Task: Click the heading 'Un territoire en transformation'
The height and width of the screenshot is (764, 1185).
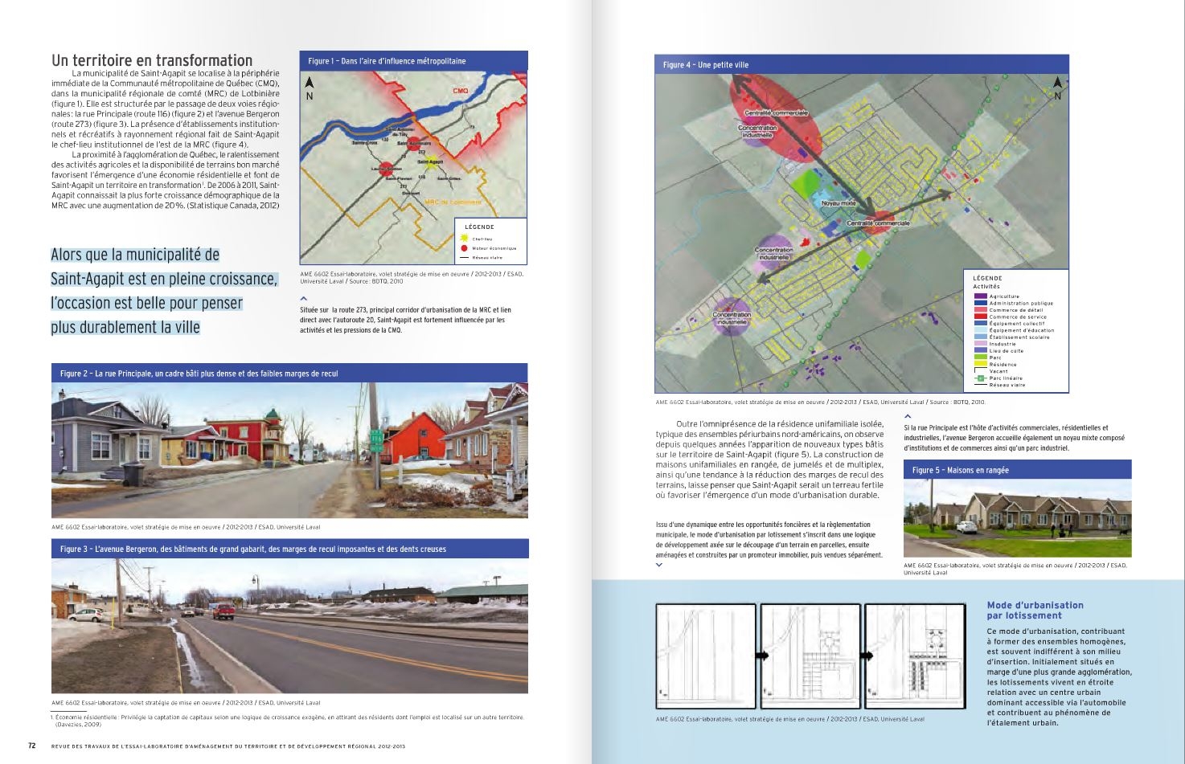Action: (x=152, y=60)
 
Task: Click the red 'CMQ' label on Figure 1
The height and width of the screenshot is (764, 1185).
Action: (x=460, y=91)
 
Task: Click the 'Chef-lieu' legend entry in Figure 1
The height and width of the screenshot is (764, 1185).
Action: (x=482, y=239)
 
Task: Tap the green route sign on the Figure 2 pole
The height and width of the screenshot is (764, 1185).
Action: (x=375, y=438)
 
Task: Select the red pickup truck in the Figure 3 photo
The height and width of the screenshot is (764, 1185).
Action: (x=223, y=611)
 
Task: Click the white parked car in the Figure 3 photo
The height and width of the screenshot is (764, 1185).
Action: (x=88, y=615)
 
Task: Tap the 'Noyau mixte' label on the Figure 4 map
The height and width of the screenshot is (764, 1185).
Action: (x=838, y=203)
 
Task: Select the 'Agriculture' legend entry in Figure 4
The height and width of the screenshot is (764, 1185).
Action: (x=1003, y=296)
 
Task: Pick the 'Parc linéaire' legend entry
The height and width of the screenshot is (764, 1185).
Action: (x=1005, y=378)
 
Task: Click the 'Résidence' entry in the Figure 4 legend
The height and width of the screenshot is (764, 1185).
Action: (x=1003, y=364)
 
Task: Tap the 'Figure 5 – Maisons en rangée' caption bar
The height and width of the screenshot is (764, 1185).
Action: (x=1016, y=470)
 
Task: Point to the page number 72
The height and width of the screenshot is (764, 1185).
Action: (x=32, y=745)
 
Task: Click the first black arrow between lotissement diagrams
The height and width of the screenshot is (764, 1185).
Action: (x=758, y=656)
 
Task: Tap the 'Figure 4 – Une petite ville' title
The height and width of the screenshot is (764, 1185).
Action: (x=694, y=65)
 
